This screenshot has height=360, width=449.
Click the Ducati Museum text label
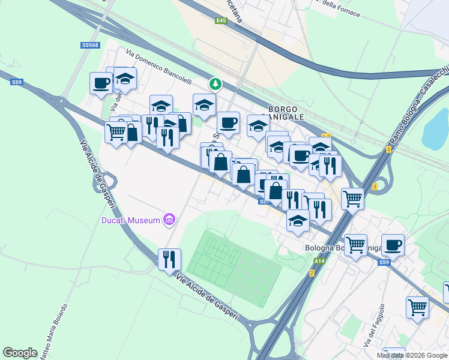pos(130,220)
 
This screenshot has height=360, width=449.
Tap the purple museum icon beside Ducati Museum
pos(169,220)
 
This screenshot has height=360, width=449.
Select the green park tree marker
pos(214,83)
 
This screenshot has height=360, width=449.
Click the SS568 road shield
pos(90,45)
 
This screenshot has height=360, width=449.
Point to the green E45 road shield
pos(221,20)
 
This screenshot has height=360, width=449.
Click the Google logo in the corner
pos(20,353)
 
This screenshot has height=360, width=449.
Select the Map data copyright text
pos(412,355)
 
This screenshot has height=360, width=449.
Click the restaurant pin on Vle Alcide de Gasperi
pos(169,259)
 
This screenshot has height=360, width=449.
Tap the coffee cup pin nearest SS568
pos(101,82)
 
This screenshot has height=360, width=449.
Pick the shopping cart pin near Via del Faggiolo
pos(417,307)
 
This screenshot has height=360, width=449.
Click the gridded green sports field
pos(234,268)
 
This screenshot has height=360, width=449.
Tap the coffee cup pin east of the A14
pos(393,244)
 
